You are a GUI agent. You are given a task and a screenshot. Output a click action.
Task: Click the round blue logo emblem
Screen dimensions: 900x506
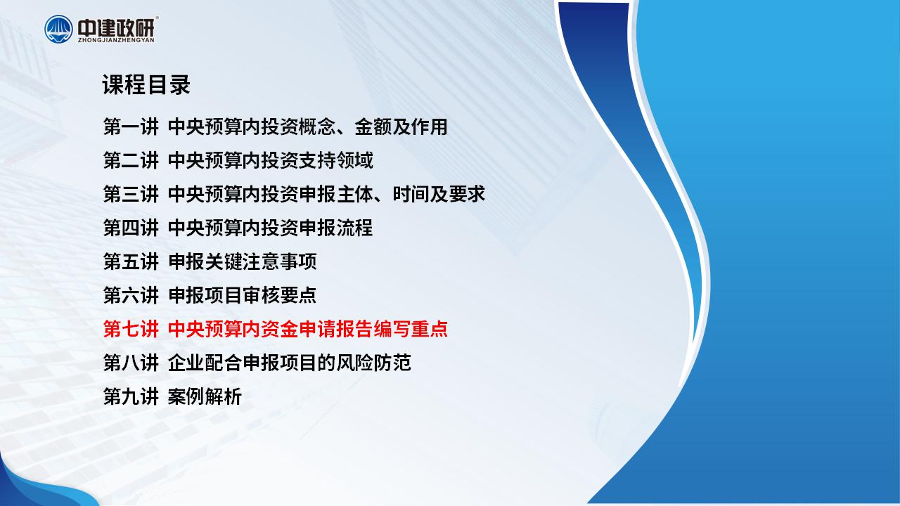click(58, 29)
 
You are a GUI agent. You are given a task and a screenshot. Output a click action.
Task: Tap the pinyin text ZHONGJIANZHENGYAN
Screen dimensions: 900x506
click(116, 40)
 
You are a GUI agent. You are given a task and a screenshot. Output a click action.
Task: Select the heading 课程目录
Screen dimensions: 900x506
click(146, 85)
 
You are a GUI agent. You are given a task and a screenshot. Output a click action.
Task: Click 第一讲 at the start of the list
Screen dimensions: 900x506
click(131, 127)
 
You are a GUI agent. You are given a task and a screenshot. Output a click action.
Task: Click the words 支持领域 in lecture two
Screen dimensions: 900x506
click(336, 161)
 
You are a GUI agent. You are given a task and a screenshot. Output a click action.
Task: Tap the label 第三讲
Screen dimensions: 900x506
click(131, 195)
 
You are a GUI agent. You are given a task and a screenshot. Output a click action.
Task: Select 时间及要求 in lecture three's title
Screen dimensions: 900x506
click(439, 195)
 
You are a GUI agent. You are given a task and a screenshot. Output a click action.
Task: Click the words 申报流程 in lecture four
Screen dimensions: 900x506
click(336, 228)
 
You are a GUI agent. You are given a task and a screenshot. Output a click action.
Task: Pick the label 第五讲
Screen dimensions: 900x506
click(131, 262)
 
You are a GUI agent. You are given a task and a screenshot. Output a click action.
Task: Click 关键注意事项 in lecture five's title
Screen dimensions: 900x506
click(261, 262)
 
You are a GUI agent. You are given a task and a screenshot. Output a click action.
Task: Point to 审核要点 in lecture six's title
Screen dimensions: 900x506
click(280, 296)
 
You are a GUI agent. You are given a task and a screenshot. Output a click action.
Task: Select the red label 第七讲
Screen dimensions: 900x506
click(131, 330)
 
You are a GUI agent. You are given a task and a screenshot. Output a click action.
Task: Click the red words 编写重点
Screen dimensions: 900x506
click(411, 330)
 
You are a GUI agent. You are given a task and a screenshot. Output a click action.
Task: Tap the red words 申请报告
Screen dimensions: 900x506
click(336, 330)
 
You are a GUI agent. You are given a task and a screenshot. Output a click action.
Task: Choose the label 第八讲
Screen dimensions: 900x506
click(131, 363)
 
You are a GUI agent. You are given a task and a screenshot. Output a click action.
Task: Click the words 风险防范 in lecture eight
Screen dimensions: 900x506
click(373, 363)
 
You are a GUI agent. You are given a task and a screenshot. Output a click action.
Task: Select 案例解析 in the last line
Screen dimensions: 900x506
click(205, 397)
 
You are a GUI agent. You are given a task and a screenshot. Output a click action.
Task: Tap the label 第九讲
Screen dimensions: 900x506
click(131, 397)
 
